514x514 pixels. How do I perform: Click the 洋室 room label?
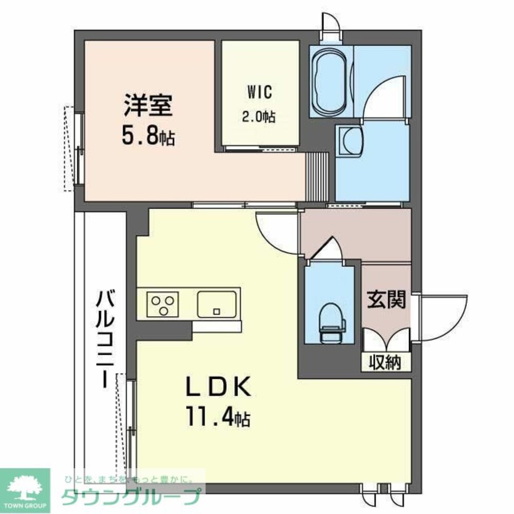pyautogui.click(x=147, y=106)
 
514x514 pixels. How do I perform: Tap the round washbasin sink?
pyautogui.click(x=352, y=140)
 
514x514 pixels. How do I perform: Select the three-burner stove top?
pyautogui.click(x=163, y=304)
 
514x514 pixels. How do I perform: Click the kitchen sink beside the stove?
pyautogui.click(x=217, y=303)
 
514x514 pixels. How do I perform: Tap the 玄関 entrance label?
pyautogui.click(x=387, y=300)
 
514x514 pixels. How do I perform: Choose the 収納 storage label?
pyautogui.click(x=386, y=362)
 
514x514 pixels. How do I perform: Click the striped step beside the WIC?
pyautogui.click(x=317, y=176)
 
